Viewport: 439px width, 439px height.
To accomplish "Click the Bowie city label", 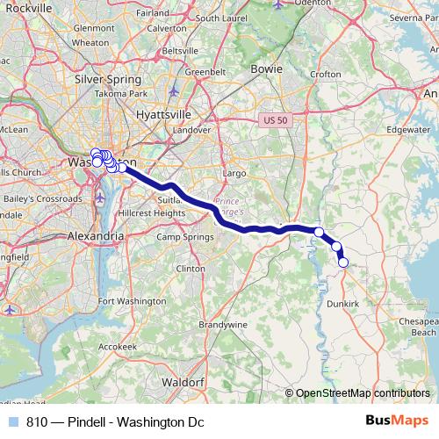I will [x=266, y=67].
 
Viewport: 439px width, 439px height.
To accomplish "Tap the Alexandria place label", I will [x=95, y=236].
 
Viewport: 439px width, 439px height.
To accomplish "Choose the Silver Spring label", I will [x=108, y=78].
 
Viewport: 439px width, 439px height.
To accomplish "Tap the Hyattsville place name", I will [x=167, y=114].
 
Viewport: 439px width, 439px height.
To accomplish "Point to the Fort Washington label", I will [x=131, y=301].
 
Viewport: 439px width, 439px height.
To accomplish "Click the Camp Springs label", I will [x=185, y=237].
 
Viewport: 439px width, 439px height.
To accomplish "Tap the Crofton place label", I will [x=325, y=75].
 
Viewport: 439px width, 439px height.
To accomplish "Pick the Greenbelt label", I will [x=205, y=72].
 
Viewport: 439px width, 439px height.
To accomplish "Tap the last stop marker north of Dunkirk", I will [x=343, y=262].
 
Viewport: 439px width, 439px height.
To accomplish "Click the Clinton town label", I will [x=191, y=268].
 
